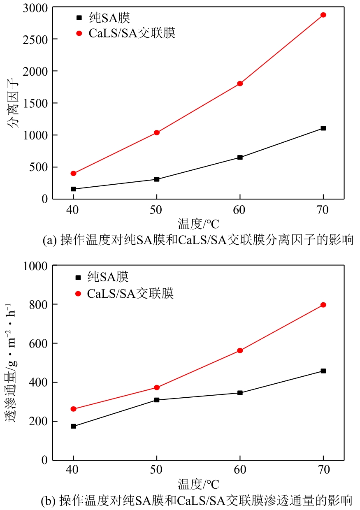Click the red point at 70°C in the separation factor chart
(x=323, y=15)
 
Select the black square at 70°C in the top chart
(x=323, y=128)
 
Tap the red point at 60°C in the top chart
(x=240, y=83)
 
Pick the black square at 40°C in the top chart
(x=73, y=189)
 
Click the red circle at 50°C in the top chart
(x=157, y=132)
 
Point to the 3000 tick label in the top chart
(x=36, y=8)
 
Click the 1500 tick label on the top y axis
(x=36, y=103)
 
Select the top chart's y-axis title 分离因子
(x=13, y=104)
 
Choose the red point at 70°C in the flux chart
(x=323, y=305)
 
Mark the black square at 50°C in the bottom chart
(x=157, y=400)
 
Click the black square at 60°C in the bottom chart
(x=240, y=393)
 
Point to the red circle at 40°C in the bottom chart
(x=73, y=409)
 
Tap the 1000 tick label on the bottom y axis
(x=36, y=266)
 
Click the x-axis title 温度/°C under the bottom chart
(x=198, y=484)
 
